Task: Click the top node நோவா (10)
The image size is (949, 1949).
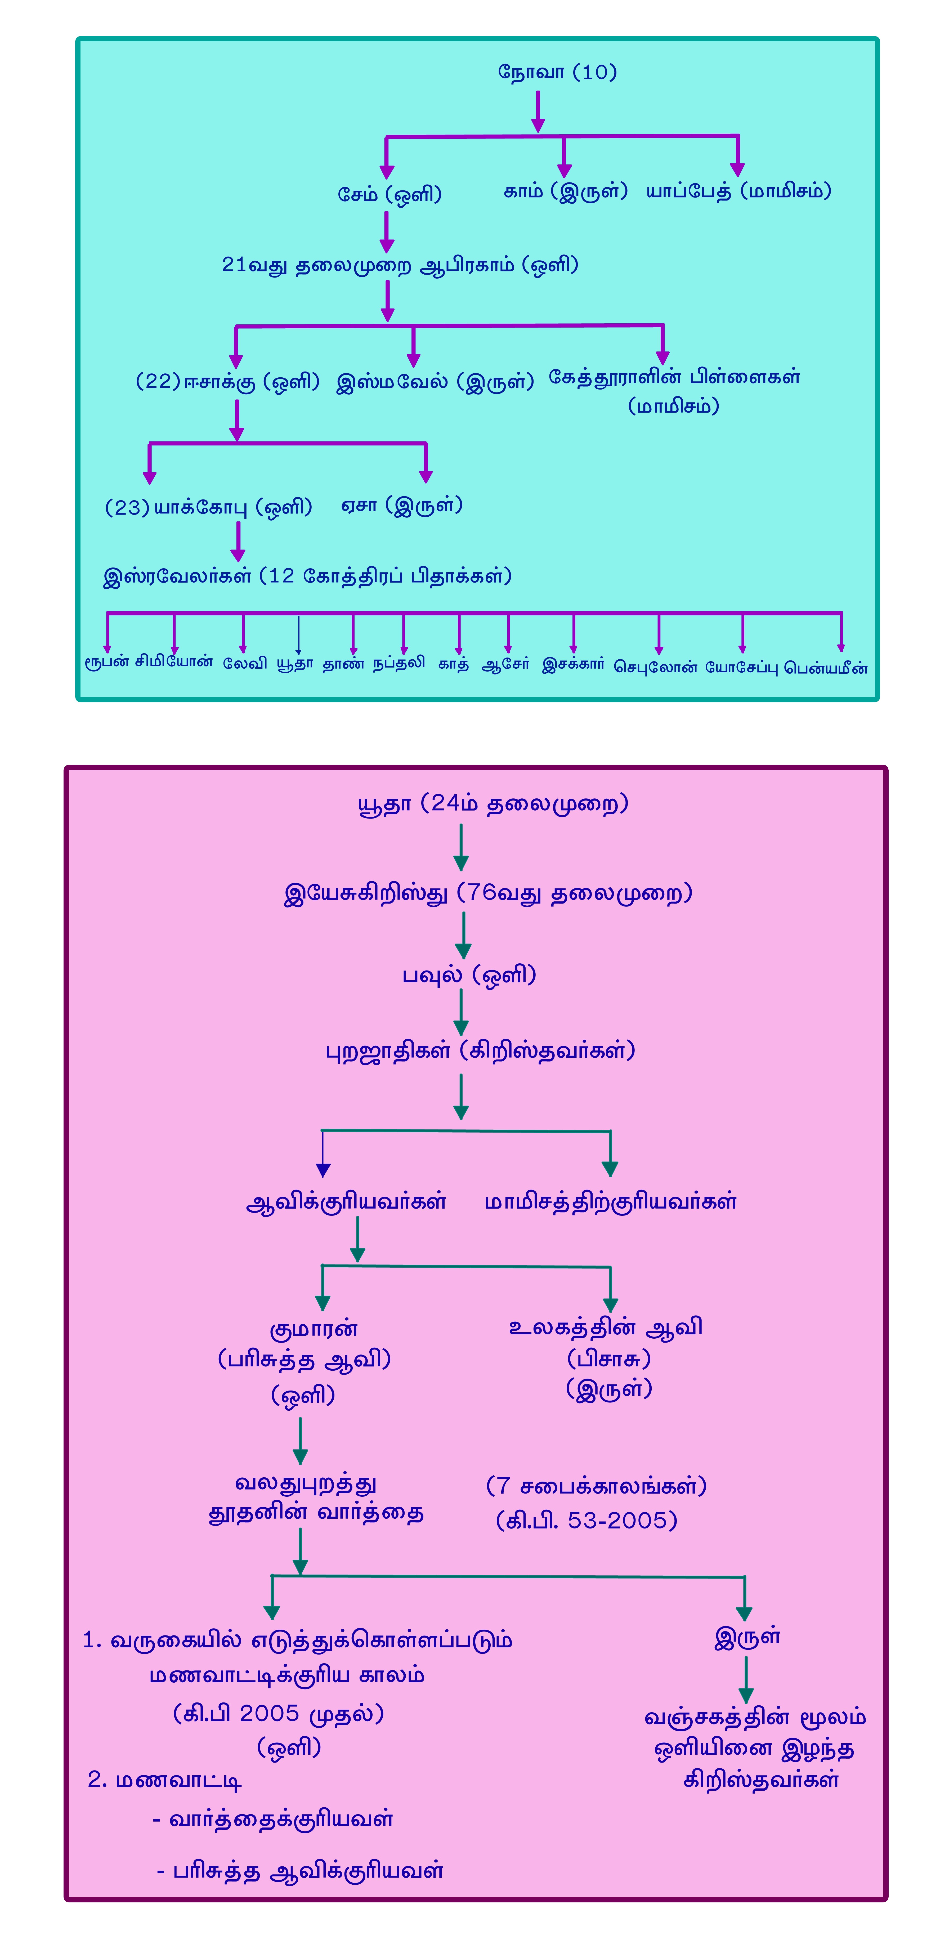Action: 557,73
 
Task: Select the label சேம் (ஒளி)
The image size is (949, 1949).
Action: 389,194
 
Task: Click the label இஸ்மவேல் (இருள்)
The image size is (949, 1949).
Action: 435,381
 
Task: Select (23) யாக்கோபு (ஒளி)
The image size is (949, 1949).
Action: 208,507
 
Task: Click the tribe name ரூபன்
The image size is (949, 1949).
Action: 107,663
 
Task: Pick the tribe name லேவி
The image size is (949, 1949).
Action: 244,664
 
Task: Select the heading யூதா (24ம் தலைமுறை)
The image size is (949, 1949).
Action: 493,803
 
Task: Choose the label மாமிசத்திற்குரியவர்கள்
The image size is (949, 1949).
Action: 610,1201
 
